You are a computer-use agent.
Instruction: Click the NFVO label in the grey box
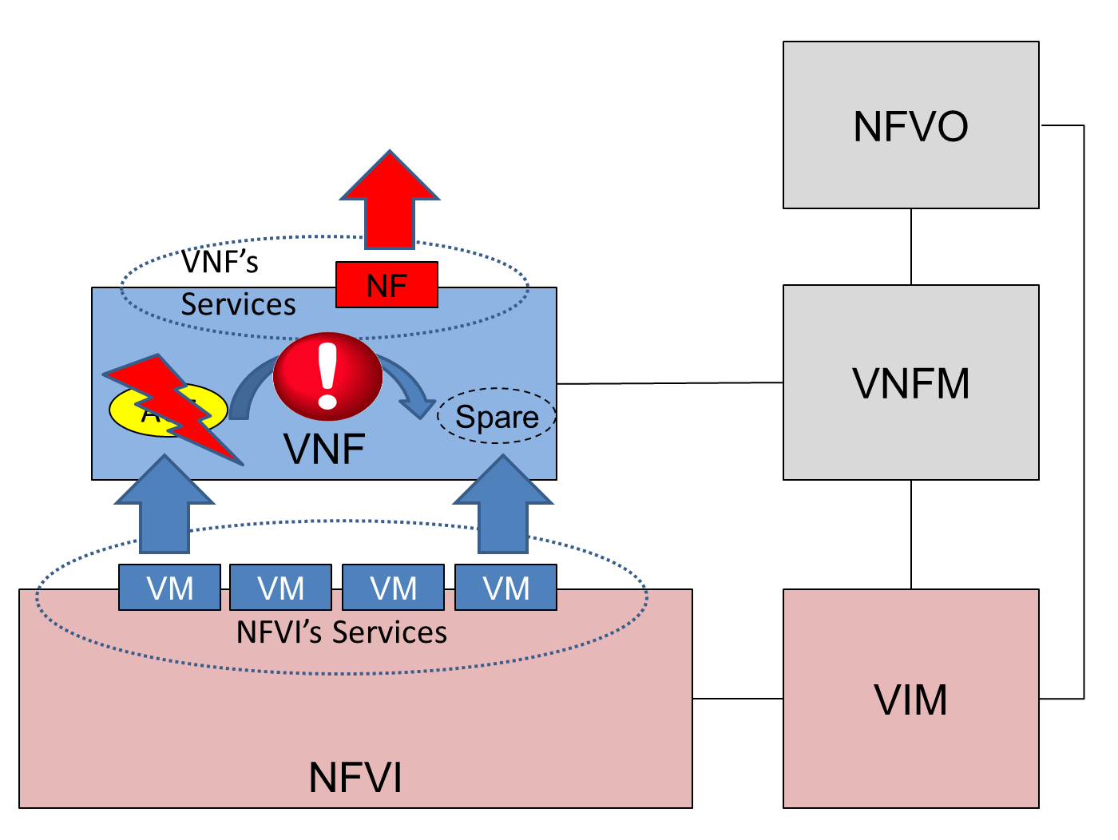(910, 126)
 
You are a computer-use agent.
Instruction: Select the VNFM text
(910, 383)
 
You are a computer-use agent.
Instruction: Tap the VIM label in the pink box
(910, 699)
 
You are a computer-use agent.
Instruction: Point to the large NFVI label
(355, 777)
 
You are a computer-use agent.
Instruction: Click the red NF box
(387, 285)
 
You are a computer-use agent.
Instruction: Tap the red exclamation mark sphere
(327, 376)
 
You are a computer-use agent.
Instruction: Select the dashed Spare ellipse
(497, 416)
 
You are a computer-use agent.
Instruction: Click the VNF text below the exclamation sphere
(324, 449)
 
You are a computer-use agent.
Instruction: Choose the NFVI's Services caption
(342, 632)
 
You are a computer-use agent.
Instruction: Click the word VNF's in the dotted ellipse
(220, 262)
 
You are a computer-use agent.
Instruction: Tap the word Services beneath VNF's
(238, 304)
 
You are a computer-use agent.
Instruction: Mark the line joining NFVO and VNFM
(911, 247)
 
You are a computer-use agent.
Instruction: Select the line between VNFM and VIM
(911, 534)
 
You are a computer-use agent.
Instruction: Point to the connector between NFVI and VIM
(737, 699)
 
